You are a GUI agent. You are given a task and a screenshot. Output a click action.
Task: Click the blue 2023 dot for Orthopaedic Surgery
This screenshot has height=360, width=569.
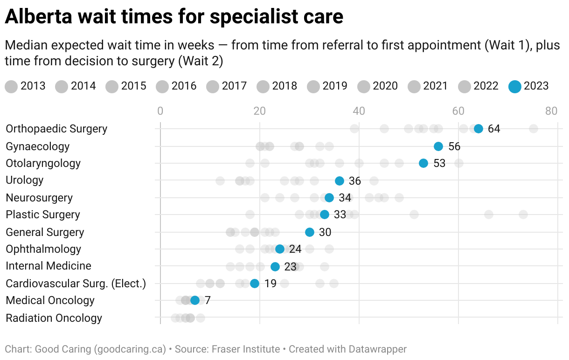[478, 129]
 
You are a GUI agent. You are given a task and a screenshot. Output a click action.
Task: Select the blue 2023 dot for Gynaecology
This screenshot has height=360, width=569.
[438, 146]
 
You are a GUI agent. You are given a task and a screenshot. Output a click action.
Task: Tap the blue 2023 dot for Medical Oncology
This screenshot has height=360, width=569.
[195, 300]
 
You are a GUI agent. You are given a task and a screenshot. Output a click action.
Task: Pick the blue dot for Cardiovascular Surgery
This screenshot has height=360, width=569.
[255, 284]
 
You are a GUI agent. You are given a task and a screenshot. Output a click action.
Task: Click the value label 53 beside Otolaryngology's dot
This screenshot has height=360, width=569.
[439, 164]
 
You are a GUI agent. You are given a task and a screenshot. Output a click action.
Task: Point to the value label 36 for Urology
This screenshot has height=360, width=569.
[355, 181]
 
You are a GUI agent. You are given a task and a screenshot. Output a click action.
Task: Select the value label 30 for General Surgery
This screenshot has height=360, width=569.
[325, 232]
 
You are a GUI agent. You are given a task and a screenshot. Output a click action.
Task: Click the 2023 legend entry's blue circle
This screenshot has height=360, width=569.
[514, 86]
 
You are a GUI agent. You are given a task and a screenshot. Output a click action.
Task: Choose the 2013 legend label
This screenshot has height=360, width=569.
[33, 86]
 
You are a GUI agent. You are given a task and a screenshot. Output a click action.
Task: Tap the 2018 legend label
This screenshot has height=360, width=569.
[284, 86]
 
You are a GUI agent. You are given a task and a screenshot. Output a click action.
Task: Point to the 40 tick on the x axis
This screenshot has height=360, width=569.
[359, 111]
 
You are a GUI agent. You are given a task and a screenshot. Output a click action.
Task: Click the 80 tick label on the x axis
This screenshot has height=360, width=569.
[551, 111]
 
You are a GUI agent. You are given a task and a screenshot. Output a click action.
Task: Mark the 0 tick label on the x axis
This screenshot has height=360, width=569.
[160, 111]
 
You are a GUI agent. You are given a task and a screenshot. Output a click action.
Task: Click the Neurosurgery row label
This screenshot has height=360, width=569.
[39, 198]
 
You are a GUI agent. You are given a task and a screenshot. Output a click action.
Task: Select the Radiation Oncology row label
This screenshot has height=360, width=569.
[54, 318]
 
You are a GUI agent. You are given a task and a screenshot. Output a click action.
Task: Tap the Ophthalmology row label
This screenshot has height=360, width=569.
[43, 249]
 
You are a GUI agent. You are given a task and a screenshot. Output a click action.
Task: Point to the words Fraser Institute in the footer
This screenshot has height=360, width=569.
[246, 349]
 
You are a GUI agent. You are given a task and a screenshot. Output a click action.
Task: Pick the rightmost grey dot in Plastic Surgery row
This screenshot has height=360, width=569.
[523, 215]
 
